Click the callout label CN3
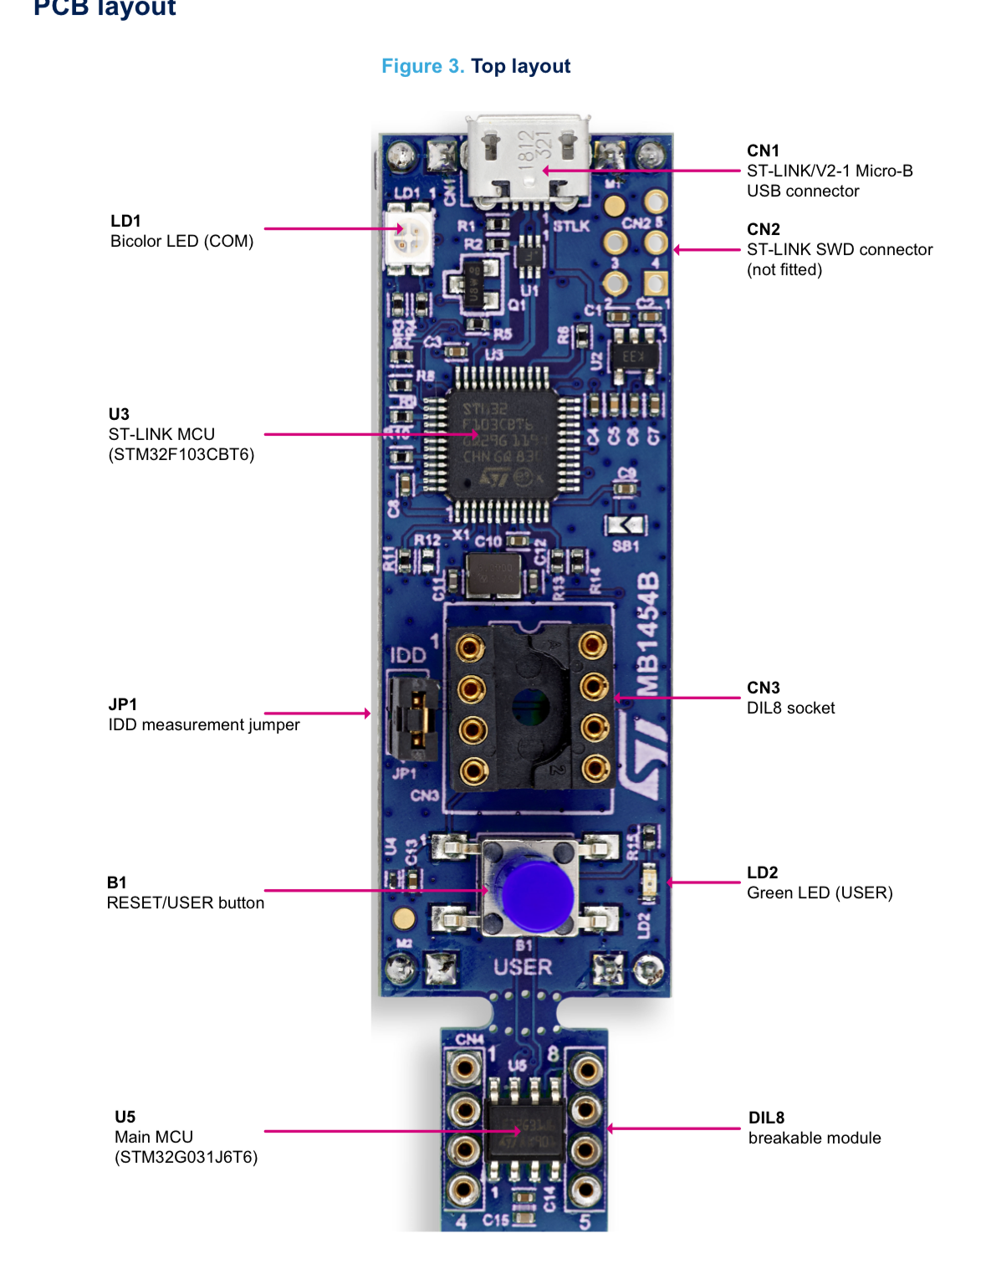point(763,688)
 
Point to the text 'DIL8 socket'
point(790,708)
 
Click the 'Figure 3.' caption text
point(422,66)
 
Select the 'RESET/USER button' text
point(185,903)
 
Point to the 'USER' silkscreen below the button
point(523,967)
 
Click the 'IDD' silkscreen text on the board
point(407,655)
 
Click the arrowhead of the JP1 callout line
point(367,714)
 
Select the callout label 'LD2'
point(762,873)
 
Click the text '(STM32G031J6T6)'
point(186,1157)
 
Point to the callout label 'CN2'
point(763,229)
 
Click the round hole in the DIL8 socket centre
point(530,708)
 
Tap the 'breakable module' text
point(814,1138)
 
